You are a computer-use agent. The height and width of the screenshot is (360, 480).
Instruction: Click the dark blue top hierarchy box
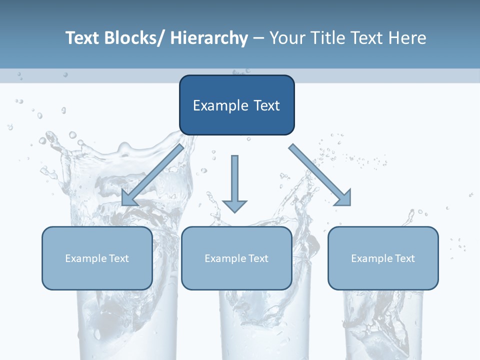coord(236,105)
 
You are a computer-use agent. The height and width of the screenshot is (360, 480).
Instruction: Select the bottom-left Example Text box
coord(97,258)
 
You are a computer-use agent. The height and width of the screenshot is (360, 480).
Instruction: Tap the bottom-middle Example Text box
coord(236,258)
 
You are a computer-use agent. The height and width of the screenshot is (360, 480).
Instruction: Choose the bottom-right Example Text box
coord(383,258)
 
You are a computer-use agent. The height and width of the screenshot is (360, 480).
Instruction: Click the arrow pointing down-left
coord(152,175)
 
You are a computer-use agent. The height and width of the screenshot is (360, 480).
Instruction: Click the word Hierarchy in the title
coord(209,38)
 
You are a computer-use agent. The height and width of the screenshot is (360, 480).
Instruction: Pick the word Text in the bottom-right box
coord(404,258)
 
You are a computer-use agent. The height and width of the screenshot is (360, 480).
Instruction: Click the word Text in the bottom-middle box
coord(258,258)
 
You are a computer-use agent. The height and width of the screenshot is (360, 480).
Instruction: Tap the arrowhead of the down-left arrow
coord(129,197)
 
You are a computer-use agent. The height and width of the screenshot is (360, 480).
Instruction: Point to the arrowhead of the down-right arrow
coord(343,197)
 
